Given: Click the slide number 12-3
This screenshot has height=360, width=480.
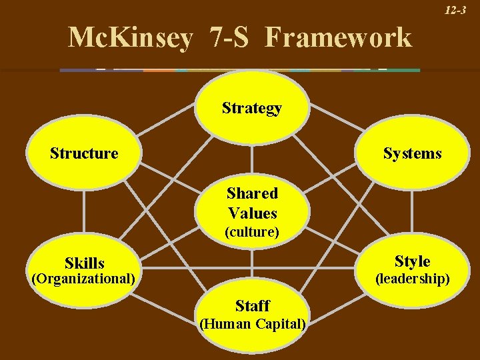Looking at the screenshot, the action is (x=456, y=11).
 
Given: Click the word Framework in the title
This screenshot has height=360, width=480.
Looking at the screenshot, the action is (x=338, y=37).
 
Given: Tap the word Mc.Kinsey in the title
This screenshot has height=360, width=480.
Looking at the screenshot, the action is (x=130, y=37).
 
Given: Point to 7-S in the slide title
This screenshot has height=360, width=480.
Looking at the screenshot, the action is (x=228, y=37).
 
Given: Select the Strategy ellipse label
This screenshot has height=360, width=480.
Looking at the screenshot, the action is (x=252, y=108).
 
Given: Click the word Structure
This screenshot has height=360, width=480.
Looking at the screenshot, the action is (x=84, y=153).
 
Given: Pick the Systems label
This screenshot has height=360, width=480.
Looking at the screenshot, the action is (x=412, y=153).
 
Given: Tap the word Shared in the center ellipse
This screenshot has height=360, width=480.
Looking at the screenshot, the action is (x=252, y=193).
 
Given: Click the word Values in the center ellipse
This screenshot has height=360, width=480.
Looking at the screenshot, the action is (x=252, y=213).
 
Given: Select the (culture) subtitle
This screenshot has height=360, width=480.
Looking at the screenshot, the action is (x=252, y=232).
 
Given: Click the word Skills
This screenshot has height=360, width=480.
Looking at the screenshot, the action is (x=85, y=263).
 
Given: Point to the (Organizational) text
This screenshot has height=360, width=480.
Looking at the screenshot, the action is (x=84, y=278).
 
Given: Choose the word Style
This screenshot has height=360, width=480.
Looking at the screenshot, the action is (x=412, y=261).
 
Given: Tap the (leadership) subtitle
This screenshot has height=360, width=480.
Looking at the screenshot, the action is (x=412, y=278).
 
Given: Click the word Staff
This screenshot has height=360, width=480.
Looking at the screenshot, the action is (x=252, y=306).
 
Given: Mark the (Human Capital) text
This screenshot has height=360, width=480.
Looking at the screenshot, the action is (x=252, y=325).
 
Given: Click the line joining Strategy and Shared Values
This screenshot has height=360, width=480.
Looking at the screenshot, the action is (x=252, y=160).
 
